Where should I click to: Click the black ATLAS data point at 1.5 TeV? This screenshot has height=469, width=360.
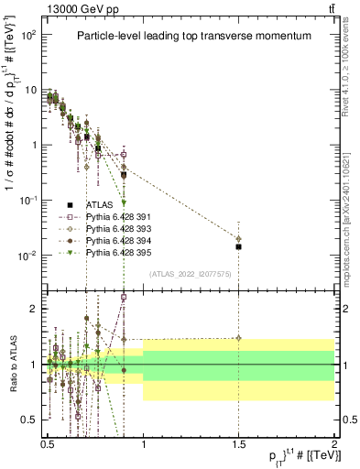238,246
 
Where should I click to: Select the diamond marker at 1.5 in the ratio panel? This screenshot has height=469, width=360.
238,338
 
